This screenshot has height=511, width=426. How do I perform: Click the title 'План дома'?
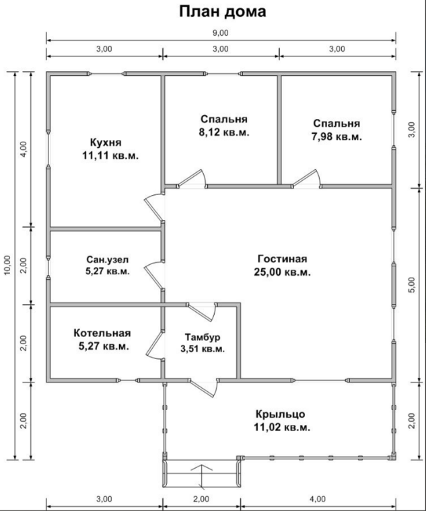[x=223, y=12]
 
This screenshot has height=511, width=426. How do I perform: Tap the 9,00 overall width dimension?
[x=221, y=33]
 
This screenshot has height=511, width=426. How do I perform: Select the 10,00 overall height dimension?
[x=7, y=266]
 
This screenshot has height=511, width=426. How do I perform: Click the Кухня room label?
[x=106, y=143]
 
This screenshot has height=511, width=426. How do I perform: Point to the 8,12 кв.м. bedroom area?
[x=224, y=132]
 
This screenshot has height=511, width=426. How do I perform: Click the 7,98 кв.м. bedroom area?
[x=336, y=136]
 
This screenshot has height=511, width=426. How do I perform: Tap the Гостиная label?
[x=283, y=259]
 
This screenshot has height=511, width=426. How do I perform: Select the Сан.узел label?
[x=107, y=260]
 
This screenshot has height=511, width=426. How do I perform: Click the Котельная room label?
[x=102, y=333]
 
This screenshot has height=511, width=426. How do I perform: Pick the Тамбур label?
[x=203, y=337]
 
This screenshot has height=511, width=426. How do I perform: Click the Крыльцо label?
[x=281, y=414]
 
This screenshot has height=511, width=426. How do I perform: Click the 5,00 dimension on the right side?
[x=413, y=285]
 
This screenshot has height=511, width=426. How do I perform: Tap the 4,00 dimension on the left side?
[x=24, y=149]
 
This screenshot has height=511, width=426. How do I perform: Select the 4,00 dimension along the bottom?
[x=318, y=499]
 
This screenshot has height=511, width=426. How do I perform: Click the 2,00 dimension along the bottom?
[x=202, y=499]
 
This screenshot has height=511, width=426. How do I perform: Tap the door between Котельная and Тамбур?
[x=153, y=346]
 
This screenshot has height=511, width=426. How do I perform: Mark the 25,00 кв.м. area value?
[x=283, y=272]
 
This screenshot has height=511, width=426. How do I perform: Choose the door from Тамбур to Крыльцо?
[x=204, y=388]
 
